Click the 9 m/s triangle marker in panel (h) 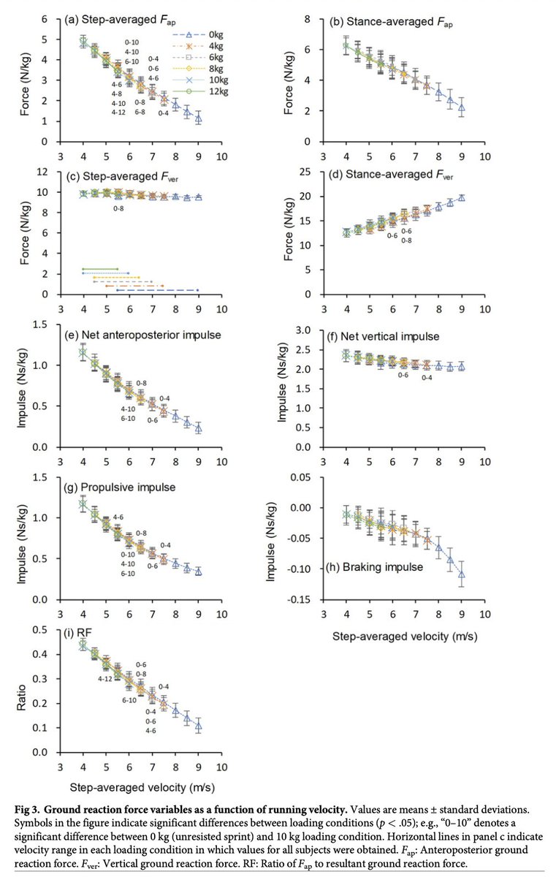pos(462,574)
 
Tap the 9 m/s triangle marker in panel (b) pos(462,107)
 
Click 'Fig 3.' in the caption pos(34,808)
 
